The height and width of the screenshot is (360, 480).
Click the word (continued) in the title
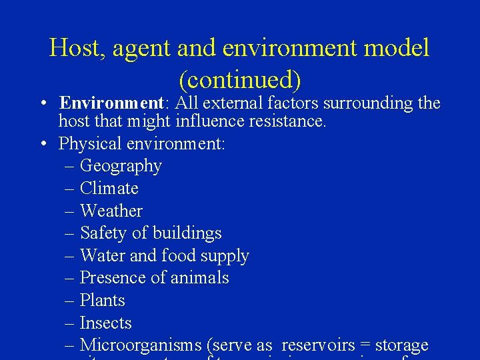point(239,79)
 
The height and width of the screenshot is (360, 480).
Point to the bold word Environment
point(111,103)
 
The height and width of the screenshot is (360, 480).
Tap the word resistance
point(289,121)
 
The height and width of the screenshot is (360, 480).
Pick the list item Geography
point(121,166)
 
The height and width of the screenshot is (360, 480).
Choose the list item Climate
point(109,189)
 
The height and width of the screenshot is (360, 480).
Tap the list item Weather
point(111,211)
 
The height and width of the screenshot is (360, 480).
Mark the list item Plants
point(102,301)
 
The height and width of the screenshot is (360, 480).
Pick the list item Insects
point(105,323)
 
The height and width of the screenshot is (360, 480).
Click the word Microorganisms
point(140,345)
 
